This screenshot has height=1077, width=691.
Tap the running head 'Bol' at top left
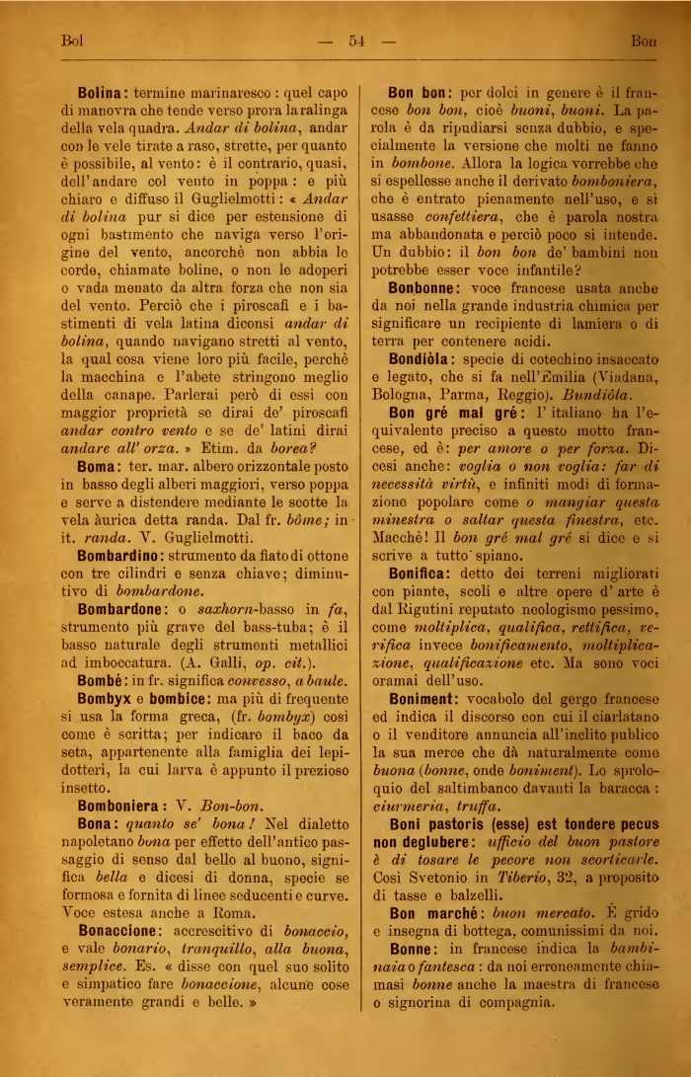(x=70, y=41)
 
